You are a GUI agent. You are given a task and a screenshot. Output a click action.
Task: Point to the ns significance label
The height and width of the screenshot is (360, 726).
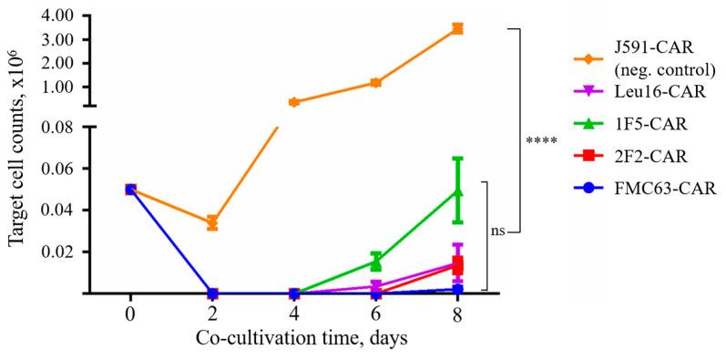(x=498, y=231)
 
